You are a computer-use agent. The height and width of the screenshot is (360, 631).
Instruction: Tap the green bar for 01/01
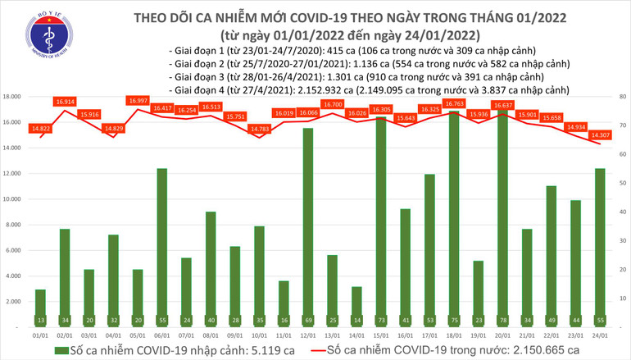(40, 308)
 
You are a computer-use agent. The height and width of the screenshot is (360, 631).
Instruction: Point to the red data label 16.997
(138, 101)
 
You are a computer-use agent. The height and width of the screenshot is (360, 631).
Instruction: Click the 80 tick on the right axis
(623, 97)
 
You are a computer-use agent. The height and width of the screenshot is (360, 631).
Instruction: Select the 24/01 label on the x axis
(600, 335)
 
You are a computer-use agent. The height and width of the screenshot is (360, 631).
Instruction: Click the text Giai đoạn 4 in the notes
(196, 89)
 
